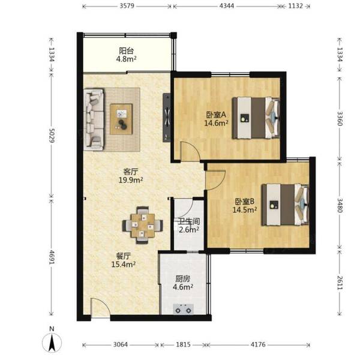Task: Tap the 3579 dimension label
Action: click(127, 6)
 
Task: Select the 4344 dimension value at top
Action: click(227, 6)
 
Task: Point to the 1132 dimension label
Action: click(295, 6)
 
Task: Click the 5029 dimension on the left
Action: click(52, 135)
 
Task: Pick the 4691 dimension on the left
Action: click(52, 257)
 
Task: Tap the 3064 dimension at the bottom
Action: click(121, 344)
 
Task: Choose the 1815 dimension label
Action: click(183, 344)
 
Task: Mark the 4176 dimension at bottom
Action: click(258, 344)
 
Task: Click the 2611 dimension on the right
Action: click(340, 282)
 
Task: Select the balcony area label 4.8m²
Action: click(126, 59)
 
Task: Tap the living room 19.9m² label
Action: click(131, 180)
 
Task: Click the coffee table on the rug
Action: click(121, 119)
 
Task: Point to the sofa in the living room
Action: click(94, 119)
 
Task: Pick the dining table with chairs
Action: click(143, 225)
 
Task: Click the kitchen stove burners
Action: click(183, 309)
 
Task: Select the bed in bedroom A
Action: click(256, 118)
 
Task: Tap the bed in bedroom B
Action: click(285, 205)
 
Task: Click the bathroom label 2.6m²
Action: click(189, 229)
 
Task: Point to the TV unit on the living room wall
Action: click(167, 118)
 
